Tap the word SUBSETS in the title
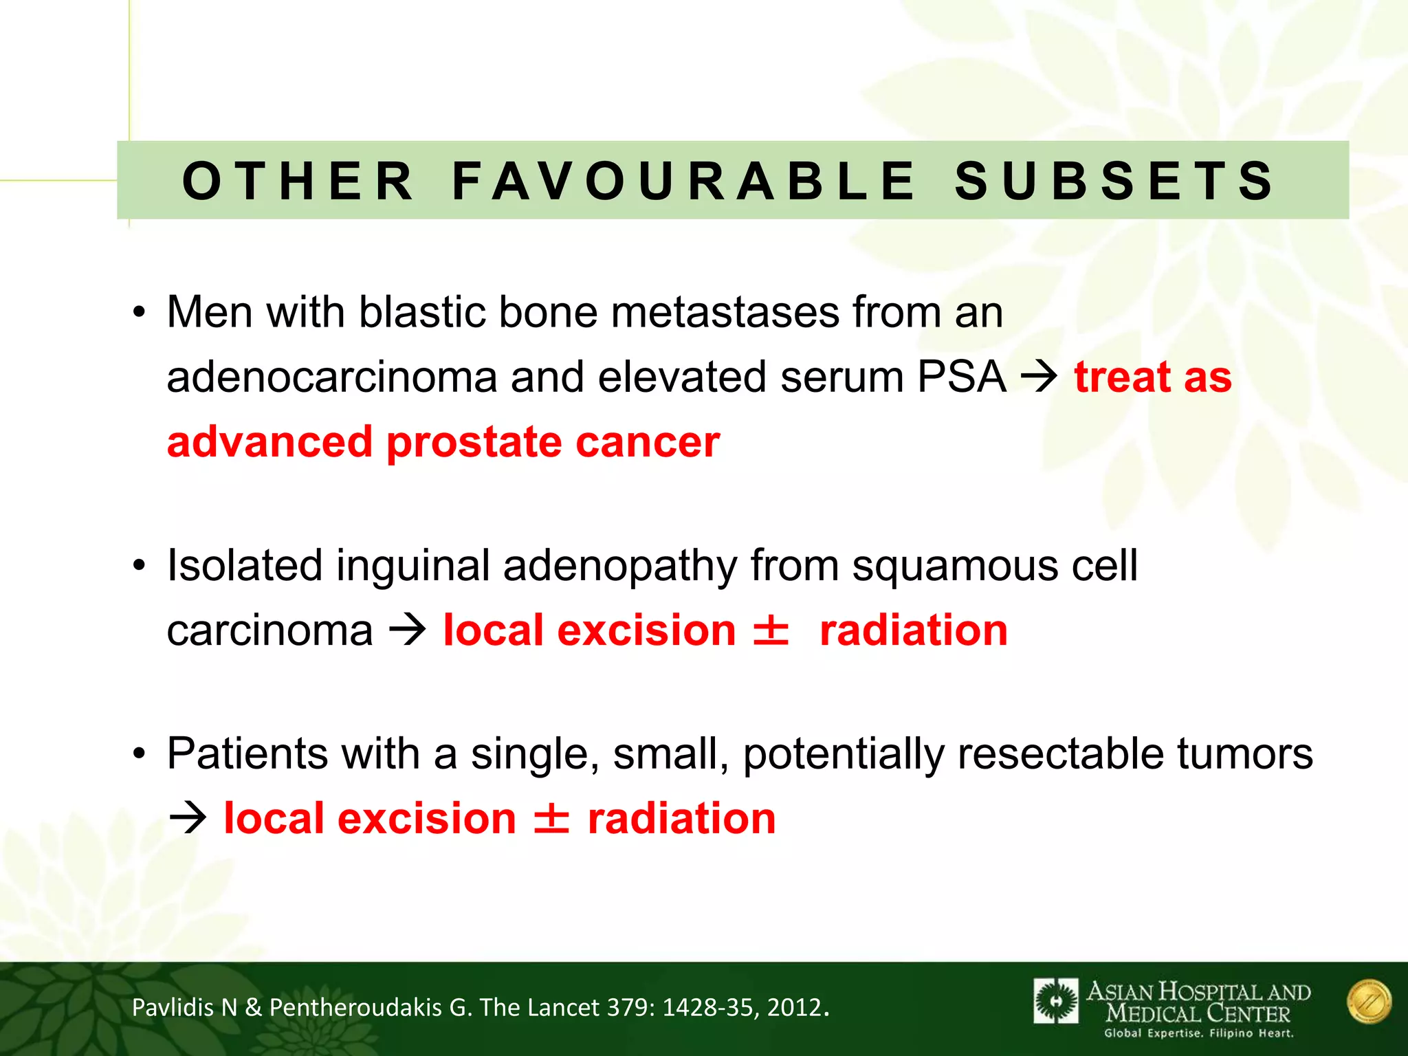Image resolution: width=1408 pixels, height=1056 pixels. [1114, 181]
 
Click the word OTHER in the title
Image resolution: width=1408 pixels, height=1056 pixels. [298, 181]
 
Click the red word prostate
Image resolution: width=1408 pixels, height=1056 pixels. [474, 441]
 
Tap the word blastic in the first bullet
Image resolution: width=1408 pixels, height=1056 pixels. [421, 312]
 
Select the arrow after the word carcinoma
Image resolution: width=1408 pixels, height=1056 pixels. [408, 630]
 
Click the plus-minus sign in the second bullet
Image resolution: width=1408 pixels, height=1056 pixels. [771, 630]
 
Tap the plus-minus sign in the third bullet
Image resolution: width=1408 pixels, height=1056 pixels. [551, 818]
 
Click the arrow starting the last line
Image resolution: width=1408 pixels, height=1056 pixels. [188, 818]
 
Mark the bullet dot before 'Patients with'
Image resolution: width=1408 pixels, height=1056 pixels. [140, 754]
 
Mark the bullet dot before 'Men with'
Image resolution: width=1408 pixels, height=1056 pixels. [140, 313]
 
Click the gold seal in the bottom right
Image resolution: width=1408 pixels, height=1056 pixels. [1369, 1002]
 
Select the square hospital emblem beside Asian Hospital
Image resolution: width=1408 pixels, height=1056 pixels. [1055, 1001]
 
